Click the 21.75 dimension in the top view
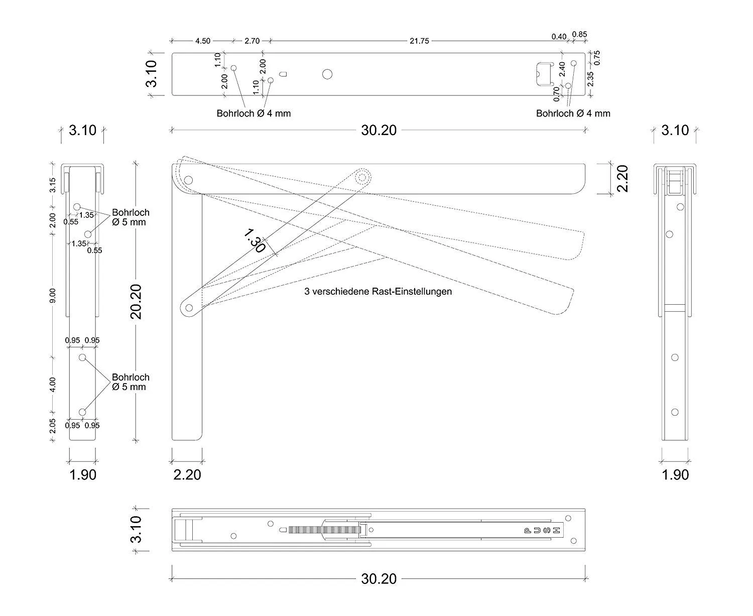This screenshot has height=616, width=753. [x=419, y=41]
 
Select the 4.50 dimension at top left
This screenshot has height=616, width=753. [x=202, y=41]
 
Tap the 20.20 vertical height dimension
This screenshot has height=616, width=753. [x=136, y=302]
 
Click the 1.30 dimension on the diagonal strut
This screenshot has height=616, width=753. [x=254, y=241]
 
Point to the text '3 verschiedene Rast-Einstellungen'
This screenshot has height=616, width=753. [x=378, y=291]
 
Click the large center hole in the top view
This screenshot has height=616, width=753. [x=327, y=74]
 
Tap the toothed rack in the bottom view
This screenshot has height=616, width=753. [x=324, y=530]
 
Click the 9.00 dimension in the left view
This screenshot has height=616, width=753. [x=53, y=296]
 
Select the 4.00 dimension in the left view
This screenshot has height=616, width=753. [x=53, y=385]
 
